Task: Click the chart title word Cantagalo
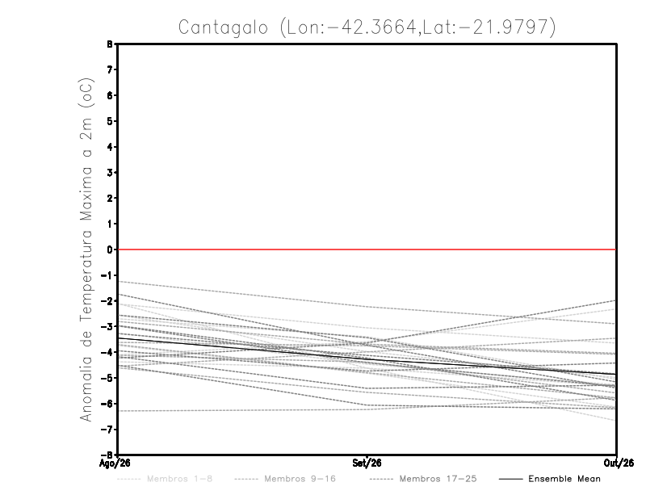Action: point(223,27)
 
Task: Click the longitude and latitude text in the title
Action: point(417,27)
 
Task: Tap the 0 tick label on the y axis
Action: point(110,249)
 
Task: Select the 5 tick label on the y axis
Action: point(110,121)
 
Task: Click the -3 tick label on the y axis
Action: point(107,327)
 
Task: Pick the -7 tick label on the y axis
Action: point(107,430)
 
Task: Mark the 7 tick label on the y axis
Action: point(110,69)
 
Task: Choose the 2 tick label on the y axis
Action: point(110,198)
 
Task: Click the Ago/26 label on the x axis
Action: point(115,463)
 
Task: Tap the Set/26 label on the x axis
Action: point(367,463)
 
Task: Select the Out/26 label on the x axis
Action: point(619,463)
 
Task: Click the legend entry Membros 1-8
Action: point(179,479)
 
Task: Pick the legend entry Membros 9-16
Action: point(300,479)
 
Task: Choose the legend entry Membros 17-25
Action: point(438,479)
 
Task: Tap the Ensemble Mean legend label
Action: point(564,479)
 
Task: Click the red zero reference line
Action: point(367,249)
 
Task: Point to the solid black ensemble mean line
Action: point(367,360)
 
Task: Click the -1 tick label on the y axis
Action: point(107,275)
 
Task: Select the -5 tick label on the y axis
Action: point(107,378)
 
